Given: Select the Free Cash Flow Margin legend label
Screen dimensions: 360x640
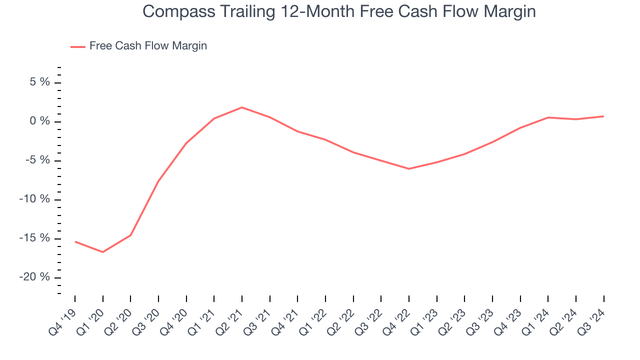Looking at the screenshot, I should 148,46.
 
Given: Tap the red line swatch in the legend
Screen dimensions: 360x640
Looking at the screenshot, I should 78,46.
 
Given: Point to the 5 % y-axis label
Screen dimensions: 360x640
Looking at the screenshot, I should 38,82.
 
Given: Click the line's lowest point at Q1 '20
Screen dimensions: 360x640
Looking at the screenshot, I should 103,252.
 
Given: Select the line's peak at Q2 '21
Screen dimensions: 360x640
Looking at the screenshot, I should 242,107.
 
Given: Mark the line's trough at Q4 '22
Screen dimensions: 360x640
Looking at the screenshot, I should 409,168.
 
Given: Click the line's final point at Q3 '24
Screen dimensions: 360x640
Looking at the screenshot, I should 603,116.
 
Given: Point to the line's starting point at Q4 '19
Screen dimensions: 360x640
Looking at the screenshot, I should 75,241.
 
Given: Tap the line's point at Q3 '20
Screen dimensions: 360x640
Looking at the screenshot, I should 158,181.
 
